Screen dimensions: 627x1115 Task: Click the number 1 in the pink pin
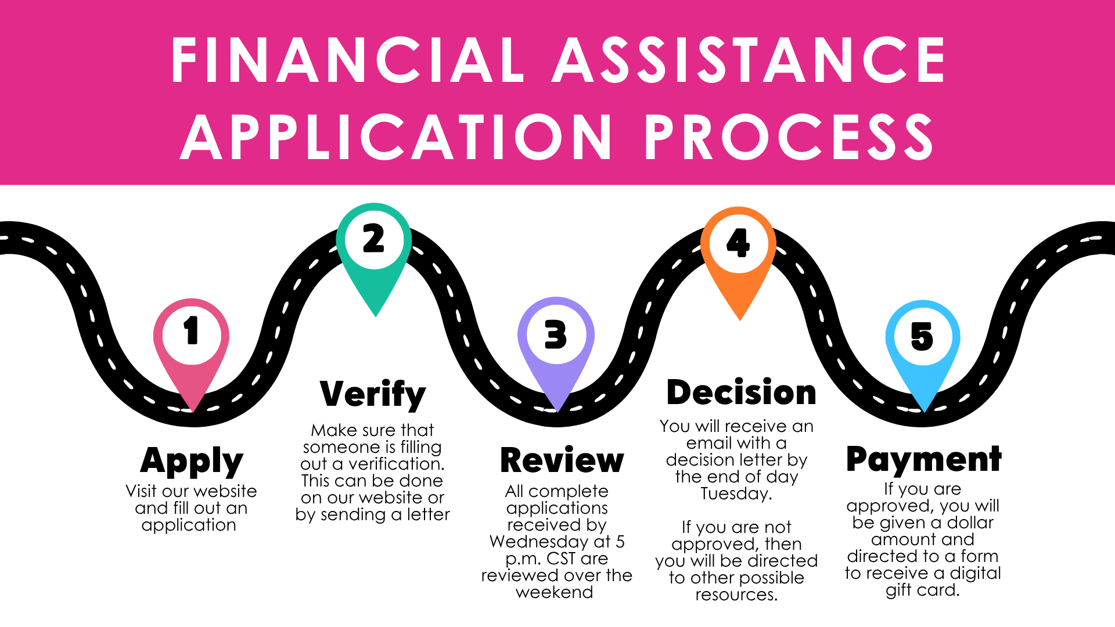[191, 331]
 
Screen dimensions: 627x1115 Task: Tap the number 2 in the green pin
[373, 239]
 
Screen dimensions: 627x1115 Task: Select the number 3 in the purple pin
[556, 335]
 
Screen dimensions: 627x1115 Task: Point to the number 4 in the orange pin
[738, 242]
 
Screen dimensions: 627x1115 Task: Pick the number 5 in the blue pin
[922, 337]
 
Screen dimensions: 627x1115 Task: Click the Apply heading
[192, 461]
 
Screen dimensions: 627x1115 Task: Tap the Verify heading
[373, 394]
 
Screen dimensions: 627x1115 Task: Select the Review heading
[562, 461]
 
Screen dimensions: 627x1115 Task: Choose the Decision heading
[741, 392]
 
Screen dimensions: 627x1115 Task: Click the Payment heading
[923, 460]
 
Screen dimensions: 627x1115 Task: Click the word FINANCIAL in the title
[348, 60]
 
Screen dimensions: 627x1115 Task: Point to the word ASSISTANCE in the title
[749, 60]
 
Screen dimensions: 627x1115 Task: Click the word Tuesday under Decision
[735, 494]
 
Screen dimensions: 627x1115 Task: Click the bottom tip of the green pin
[376, 316]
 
